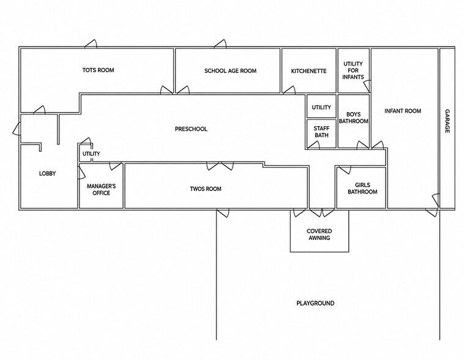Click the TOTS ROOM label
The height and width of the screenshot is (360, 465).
click(98, 70)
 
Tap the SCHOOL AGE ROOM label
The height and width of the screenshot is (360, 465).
click(231, 70)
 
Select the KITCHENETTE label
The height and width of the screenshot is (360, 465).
click(309, 71)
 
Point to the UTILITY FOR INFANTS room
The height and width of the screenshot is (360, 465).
click(353, 70)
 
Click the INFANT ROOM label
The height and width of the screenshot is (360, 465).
click(403, 111)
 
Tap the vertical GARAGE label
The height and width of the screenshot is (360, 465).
click(447, 121)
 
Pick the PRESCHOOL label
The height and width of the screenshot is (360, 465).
click(191, 129)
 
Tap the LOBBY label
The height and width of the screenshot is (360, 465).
click(48, 173)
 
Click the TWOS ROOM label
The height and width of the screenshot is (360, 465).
click(206, 189)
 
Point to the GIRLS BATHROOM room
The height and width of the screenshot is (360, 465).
click(362, 189)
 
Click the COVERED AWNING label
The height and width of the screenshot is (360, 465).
click(319, 234)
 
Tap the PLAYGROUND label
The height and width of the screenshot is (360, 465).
click(315, 303)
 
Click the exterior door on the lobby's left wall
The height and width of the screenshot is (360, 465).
click(17, 129)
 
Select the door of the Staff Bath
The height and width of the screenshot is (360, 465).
click(313, 144)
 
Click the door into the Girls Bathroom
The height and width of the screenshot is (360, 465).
click(345, 170)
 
